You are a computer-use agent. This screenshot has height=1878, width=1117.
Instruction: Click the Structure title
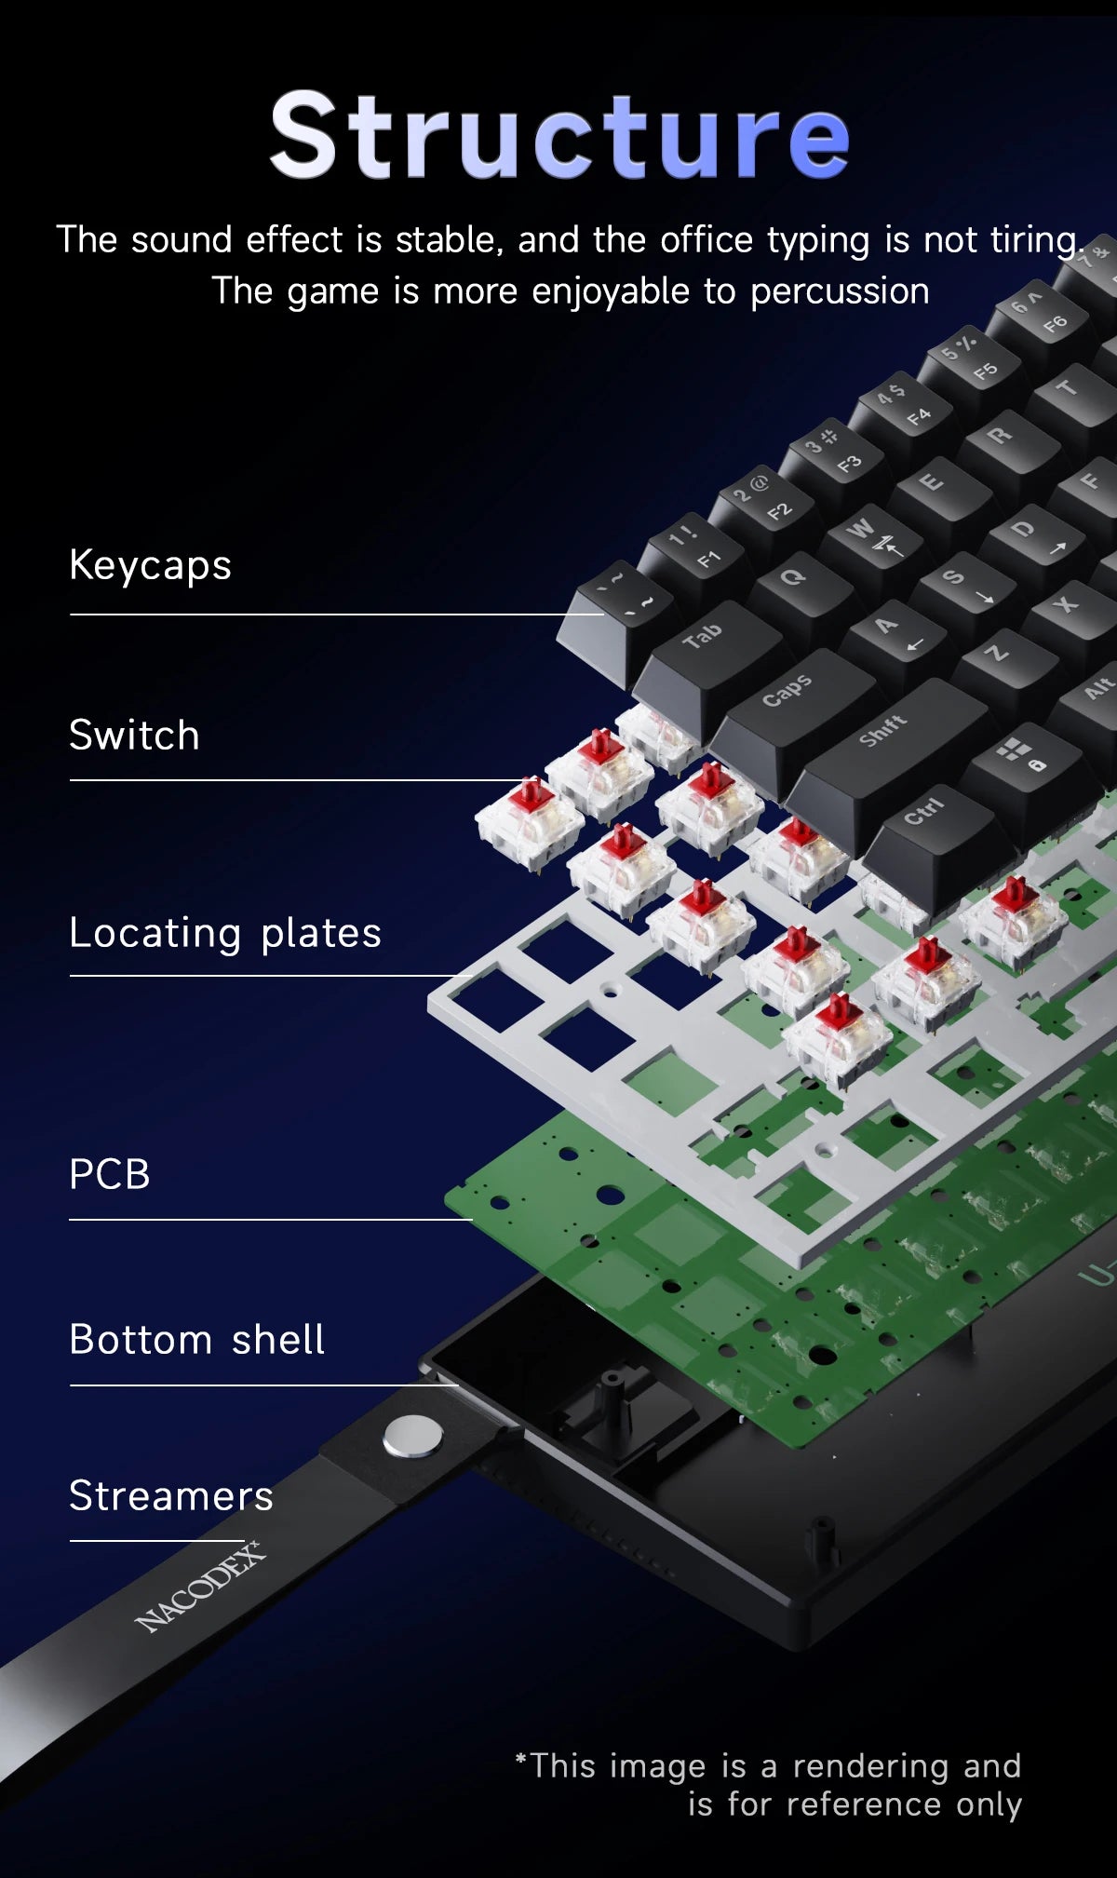click(x=558, y=135)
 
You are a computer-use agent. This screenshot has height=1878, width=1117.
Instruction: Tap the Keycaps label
click(x=150, y=565)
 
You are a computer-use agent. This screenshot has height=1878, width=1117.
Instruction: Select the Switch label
click(x=134, y=735)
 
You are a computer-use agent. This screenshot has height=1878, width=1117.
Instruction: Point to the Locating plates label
click(x=225, y=932)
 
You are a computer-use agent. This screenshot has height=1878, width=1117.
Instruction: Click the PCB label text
click(x=110, y=1173)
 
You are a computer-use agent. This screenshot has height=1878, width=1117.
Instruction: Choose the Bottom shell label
click(x=197, y=1340)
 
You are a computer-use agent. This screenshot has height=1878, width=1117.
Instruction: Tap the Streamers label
click(x=171, y=1496)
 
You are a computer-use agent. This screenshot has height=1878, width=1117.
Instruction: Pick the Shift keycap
click(x=884, y=736)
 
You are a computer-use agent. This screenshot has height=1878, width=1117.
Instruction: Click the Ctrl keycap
click(x=926, y=815)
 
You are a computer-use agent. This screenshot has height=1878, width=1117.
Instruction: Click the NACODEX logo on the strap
click(x=200, y=1588)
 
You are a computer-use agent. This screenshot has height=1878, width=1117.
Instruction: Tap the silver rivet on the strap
click(x=412, y=1436)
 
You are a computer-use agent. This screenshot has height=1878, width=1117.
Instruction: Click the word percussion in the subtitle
click(x=840, y=291)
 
